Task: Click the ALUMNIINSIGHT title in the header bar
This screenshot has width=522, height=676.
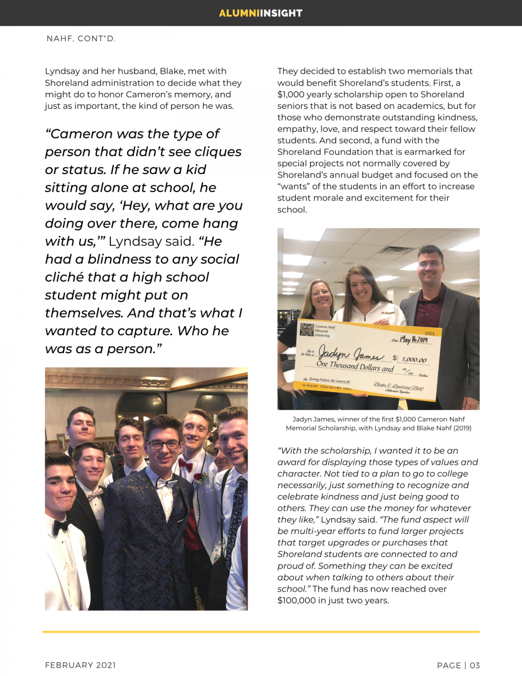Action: (x=261, y=13)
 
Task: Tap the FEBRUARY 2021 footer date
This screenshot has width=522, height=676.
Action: (x=81, y=665)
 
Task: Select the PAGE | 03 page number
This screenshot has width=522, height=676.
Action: (x=458, y=665)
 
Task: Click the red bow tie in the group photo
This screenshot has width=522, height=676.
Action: (x=185, y=465)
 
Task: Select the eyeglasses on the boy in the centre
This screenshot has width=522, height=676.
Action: (x=163, y=444)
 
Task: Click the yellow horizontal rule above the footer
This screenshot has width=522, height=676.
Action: (x=261, y=631)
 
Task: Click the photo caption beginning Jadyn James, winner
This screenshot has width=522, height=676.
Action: (x=378, y=423)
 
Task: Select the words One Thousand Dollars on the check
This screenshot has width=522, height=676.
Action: (x=349, y=366)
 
